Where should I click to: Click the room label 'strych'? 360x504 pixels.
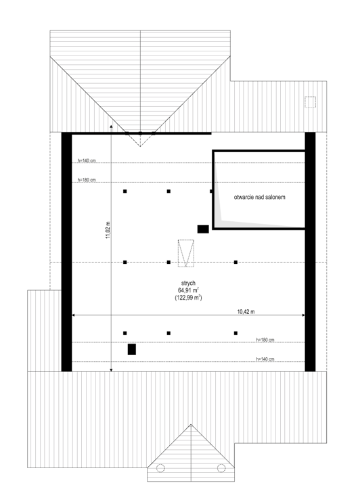coord(188,283)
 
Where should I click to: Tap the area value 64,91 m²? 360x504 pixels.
coord(188,290)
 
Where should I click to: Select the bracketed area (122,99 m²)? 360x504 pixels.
coord(188,297)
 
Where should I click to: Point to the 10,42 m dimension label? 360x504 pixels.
coord(246,311)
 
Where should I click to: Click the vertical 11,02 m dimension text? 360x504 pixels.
coord(108,230)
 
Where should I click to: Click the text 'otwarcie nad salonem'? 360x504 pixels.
coord(259,197)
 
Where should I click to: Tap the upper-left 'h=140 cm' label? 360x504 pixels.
coord(87,160)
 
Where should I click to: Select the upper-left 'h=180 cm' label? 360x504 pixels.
coord(87,180)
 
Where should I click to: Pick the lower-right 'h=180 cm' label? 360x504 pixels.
coord(265,340)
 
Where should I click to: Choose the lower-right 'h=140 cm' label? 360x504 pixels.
coord(265,359)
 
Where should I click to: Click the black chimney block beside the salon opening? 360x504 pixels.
coord(203,229)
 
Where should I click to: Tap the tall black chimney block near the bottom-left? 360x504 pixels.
coord(132,349)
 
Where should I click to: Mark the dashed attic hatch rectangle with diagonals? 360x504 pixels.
coord(187,254)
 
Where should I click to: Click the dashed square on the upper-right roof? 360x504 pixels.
coord(310,102)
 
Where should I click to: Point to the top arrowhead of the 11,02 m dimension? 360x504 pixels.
coord(111,127)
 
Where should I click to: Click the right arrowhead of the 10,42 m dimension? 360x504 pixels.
coord(303,315)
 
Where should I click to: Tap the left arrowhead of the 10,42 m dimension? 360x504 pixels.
coord(73,315)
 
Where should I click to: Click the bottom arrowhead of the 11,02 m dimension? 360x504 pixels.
coord(111,370)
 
